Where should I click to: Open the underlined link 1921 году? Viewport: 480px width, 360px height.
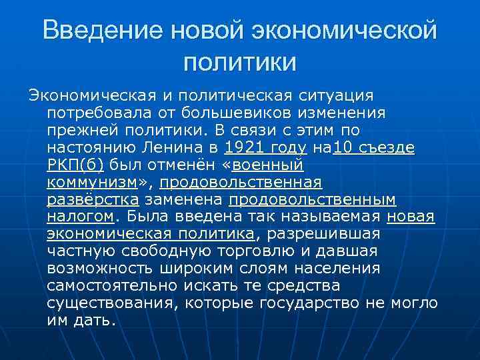click(265, 147)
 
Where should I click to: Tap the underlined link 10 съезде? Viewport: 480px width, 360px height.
click(373, 147)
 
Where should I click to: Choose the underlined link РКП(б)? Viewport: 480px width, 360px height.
click(76, 165)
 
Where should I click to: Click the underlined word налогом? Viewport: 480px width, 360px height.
click(81, 217)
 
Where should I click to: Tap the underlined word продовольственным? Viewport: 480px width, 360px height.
click(312, 199)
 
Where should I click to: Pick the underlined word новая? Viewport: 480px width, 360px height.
click(411, 217)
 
